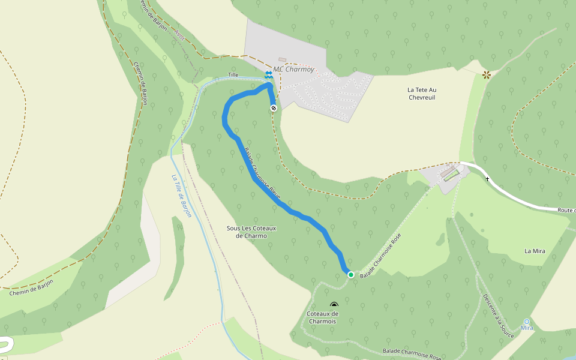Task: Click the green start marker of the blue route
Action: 351,275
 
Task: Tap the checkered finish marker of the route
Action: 274,108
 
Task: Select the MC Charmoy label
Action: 294,69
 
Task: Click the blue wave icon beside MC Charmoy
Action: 269,74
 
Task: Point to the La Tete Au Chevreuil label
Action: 426,94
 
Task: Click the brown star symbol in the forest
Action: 486,74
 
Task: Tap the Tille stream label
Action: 233,75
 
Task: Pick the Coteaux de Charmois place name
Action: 322,317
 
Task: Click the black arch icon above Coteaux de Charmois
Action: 334,305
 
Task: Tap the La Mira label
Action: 535,251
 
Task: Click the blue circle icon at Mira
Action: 527,322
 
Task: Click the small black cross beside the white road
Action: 487,179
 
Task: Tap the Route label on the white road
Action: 566,211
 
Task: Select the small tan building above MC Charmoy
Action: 282,59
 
